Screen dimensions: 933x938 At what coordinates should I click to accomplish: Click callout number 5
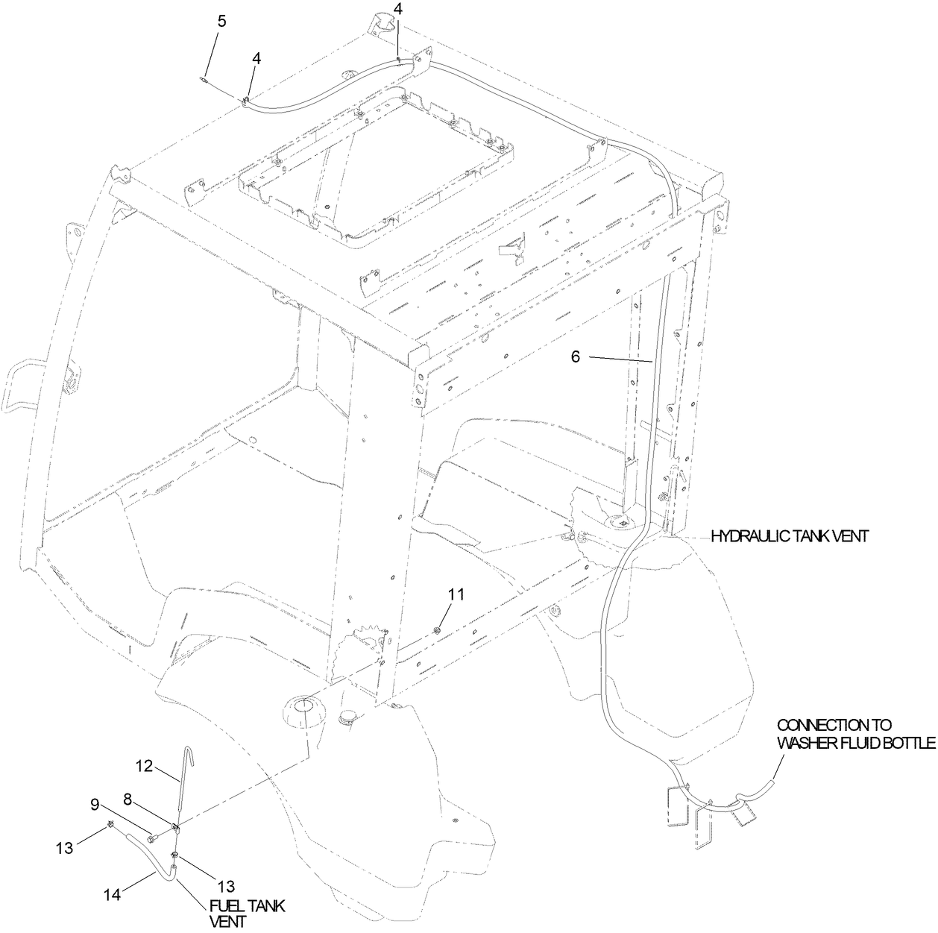221,20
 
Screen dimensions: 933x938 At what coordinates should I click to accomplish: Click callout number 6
576,356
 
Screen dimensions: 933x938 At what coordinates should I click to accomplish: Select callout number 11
456,594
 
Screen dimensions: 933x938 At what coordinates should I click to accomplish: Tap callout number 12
144,765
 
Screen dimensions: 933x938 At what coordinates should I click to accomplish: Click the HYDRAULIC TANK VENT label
789,536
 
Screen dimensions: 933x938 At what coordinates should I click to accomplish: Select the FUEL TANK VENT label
246,914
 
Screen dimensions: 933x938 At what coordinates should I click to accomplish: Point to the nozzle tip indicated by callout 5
204,75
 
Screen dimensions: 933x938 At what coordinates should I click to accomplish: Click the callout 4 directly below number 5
256,57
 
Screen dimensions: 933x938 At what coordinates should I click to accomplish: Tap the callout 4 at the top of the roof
397,10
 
